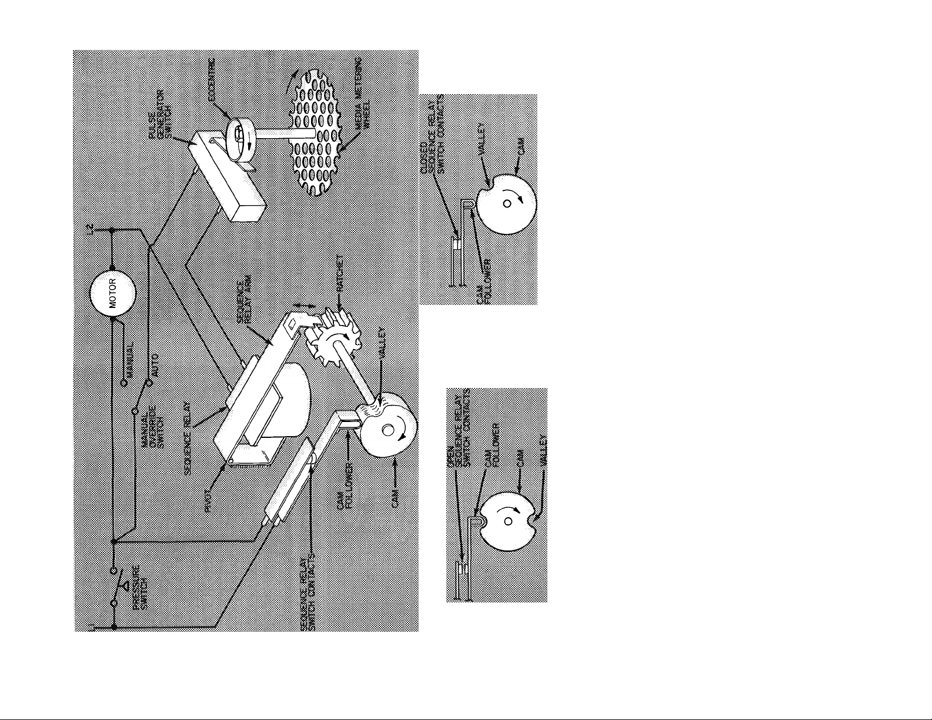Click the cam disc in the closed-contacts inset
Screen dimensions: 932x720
(x=506, y=203)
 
